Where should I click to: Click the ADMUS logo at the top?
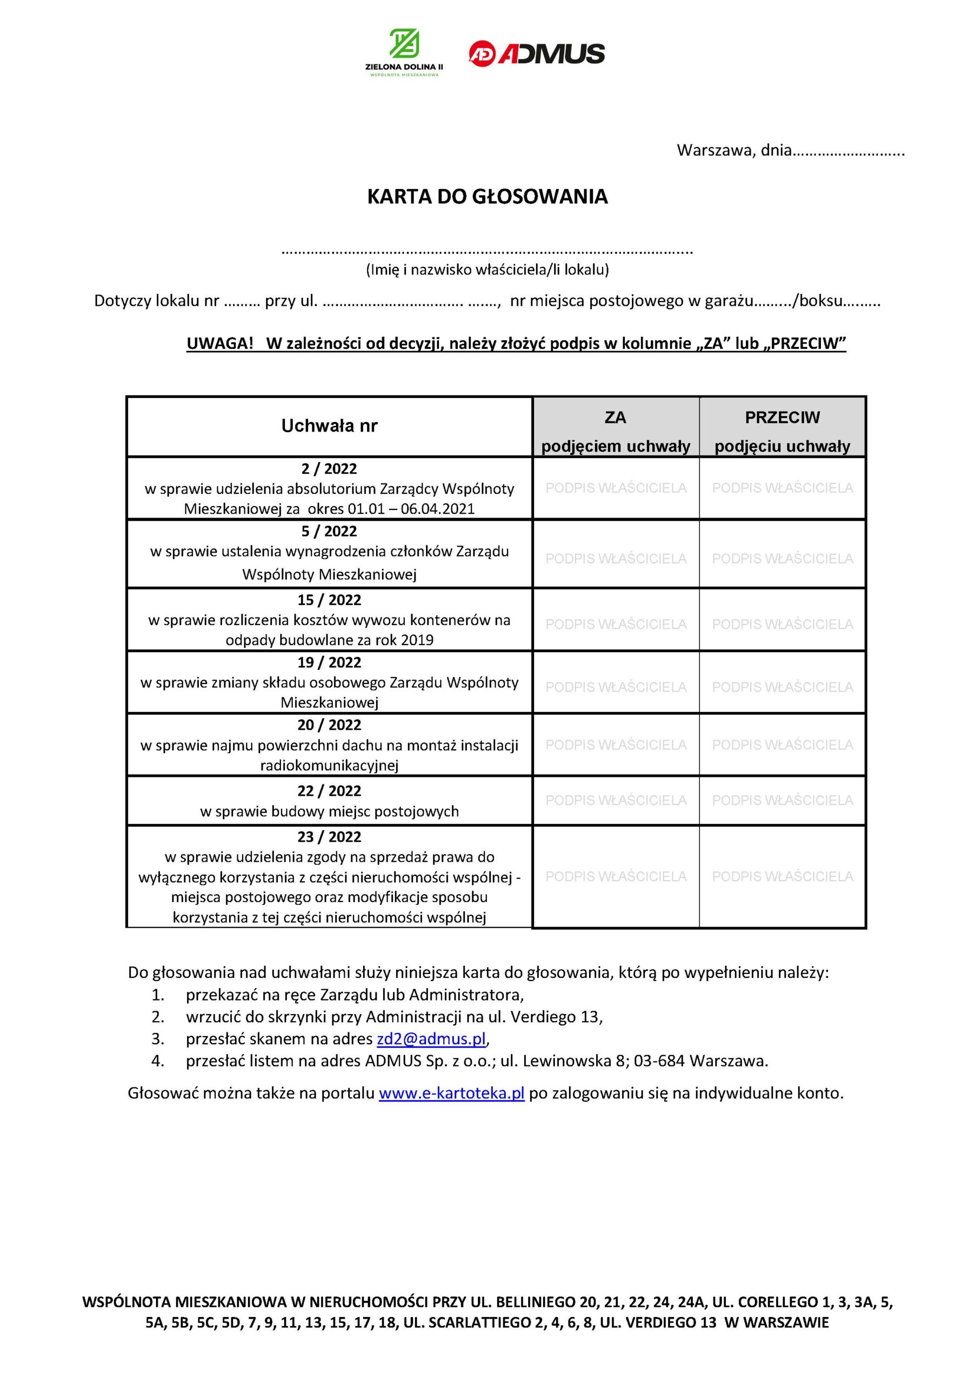point(536,53)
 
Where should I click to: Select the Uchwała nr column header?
point(329,426)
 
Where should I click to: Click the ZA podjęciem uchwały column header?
point(615,431)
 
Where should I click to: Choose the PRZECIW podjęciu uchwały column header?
point(782,431)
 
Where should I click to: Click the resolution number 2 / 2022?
point(329,468)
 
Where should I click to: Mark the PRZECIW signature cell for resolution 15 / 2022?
point(782,624)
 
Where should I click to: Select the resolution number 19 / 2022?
point(329,662)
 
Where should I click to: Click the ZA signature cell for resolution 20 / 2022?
point(615,744)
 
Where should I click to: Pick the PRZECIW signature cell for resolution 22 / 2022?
point(782,800)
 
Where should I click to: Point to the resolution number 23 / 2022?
point(329,837)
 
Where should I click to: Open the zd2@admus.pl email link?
point(431,1039)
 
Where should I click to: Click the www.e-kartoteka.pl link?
point(451,1093)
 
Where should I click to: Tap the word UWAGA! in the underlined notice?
point(220,344)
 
